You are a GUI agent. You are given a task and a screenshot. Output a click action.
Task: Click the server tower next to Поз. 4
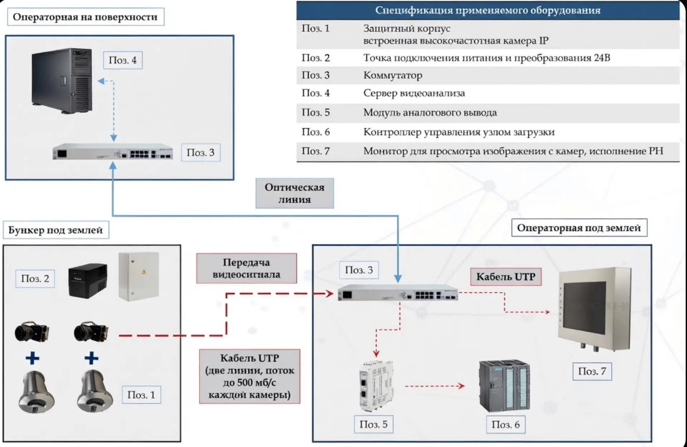tap(62, 81)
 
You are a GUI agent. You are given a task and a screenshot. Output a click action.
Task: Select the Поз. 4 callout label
tap(122, 60)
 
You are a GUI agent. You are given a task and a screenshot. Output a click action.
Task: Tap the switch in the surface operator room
tap(112, 152)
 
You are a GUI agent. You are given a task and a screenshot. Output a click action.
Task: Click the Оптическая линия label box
tap(294, 193)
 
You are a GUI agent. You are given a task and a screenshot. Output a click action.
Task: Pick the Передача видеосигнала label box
tap(246, 268)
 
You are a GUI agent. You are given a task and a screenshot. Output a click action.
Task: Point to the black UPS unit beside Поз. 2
tap(87, 281)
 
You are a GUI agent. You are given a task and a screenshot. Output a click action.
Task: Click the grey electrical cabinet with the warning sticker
tap(139, 277)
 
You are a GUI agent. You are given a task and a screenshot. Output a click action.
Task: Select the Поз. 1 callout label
tap(141, 395)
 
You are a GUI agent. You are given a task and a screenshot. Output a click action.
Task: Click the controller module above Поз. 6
tap(504, 386)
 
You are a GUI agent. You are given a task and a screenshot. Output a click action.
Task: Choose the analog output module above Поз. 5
tap(375, 386)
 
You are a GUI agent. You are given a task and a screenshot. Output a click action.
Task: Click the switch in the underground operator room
tap(398, 292)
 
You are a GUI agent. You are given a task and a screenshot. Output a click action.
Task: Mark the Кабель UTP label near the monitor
tap(506, 277)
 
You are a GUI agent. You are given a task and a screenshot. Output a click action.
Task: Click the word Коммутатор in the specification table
tap(393, 76)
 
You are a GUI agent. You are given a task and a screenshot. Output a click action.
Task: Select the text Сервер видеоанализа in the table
tap(414, 93)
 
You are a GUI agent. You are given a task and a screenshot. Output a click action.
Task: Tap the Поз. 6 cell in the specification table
tap(315, 132)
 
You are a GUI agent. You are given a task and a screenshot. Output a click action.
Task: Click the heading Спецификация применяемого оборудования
tap(488, 10)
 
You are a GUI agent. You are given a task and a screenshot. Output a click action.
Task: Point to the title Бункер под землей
tap(56, 230)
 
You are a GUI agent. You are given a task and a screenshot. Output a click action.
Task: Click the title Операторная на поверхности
tap(86, 17)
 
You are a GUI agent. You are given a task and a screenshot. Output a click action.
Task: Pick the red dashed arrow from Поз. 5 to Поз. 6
tap(435, 386)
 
